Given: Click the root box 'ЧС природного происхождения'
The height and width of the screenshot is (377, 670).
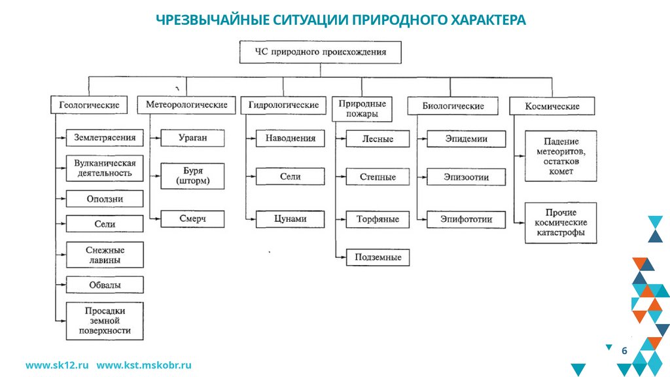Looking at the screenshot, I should tap(320, 52).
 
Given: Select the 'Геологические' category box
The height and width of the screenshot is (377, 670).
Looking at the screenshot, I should tap(89, 105).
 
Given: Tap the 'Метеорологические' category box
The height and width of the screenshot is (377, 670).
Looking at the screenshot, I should tap(186, 105).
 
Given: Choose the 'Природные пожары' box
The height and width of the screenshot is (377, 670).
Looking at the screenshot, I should tap(362, 109).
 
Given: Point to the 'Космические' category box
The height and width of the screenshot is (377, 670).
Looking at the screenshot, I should tap(552, 106).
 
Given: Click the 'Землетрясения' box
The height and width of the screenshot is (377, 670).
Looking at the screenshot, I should tap(105, 138).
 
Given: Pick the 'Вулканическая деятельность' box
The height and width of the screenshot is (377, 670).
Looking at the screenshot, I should tap(105, 168).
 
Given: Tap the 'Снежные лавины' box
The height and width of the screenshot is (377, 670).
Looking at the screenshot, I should tap(105, 255).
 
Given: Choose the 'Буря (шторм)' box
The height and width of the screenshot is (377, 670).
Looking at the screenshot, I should tap(192, 176).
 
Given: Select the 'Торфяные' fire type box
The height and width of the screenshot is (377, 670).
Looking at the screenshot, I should tap(378, 219).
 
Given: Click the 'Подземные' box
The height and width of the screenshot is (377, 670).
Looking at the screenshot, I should tap(378, 257).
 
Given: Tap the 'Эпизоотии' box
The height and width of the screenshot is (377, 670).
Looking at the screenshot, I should tap(466, 177).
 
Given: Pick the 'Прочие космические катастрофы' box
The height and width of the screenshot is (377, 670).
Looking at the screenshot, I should tap(561, 223).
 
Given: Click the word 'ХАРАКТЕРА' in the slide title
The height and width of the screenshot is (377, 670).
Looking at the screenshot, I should tap(488, 20).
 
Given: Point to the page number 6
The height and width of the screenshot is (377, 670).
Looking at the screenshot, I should tap(624, 351).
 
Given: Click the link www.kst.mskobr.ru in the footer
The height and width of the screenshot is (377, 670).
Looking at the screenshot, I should tap(144, 365).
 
